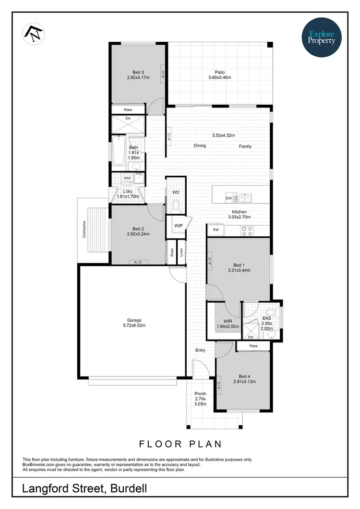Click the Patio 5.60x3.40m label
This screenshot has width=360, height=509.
[x=219, y=74]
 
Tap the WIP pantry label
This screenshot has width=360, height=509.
[x=179, y=225]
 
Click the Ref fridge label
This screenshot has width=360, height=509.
[x=216, y=230]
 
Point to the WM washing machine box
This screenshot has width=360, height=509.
[x=127, y=178]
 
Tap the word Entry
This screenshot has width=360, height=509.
[x=200, y=350]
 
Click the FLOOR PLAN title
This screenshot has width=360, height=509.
[x=180, y=444]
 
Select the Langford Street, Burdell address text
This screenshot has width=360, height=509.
[x=84, y=488]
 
